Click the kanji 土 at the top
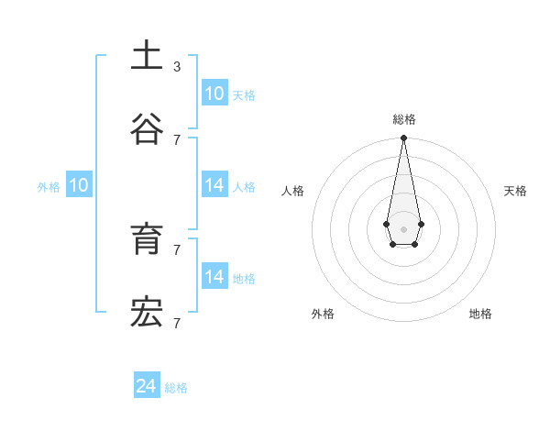[147, 55]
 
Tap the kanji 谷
[147, 128]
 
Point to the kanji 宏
[147, 313]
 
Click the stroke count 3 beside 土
[177, 67]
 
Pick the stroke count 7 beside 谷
[177, 139]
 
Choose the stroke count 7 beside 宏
[177, 323]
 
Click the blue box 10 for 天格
[214, 94]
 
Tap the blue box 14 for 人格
[214, 185]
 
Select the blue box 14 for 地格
[214, 276]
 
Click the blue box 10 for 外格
[79, 185]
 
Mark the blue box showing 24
[147, 386]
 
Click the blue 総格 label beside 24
[176, 388]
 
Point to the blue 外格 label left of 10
[49, 187]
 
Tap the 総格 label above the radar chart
[404, 119]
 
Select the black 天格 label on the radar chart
[515, 191]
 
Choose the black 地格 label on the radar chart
[480, 314]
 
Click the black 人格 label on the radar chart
[293, 191]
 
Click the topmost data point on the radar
[403, 138]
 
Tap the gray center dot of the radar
[403, 228]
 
